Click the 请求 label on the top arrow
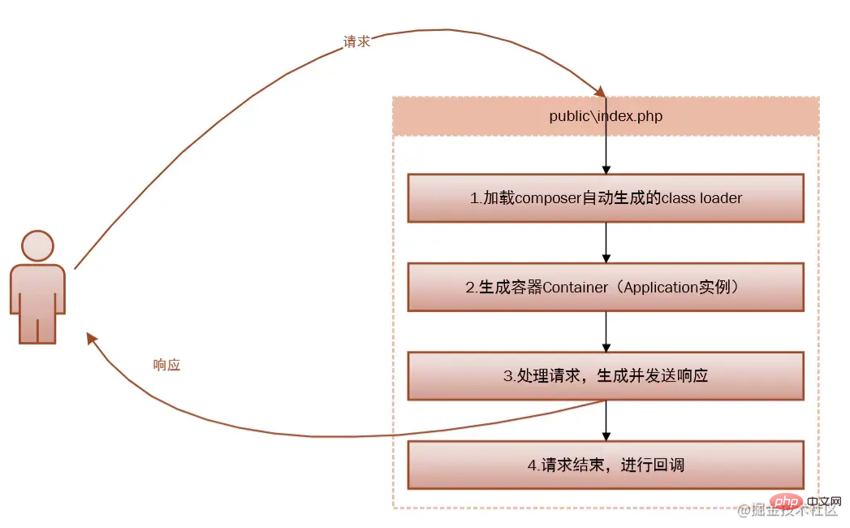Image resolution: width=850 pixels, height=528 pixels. tap(357, 41)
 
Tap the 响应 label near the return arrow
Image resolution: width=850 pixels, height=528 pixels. tap(166, 365)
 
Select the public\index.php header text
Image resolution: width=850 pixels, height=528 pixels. tap(606, 116)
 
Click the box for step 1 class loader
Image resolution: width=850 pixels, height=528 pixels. tap(606, 197)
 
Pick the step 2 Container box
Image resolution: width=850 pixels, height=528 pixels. tap(606, 287)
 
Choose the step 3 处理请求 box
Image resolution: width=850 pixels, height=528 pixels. tap(606, 375)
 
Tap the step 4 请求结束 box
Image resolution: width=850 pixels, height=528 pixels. tap(606, 465)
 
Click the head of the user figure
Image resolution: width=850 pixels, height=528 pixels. tap(37, 245)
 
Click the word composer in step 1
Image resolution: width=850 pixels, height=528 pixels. tap(548, 197)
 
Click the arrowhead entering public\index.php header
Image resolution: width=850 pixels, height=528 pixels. tap(601, 93)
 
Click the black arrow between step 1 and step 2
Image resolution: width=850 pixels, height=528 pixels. tap(606, 242)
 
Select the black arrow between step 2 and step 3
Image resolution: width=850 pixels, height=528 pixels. tap(606, 331)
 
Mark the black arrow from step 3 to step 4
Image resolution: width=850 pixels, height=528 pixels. tap(606, 421)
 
